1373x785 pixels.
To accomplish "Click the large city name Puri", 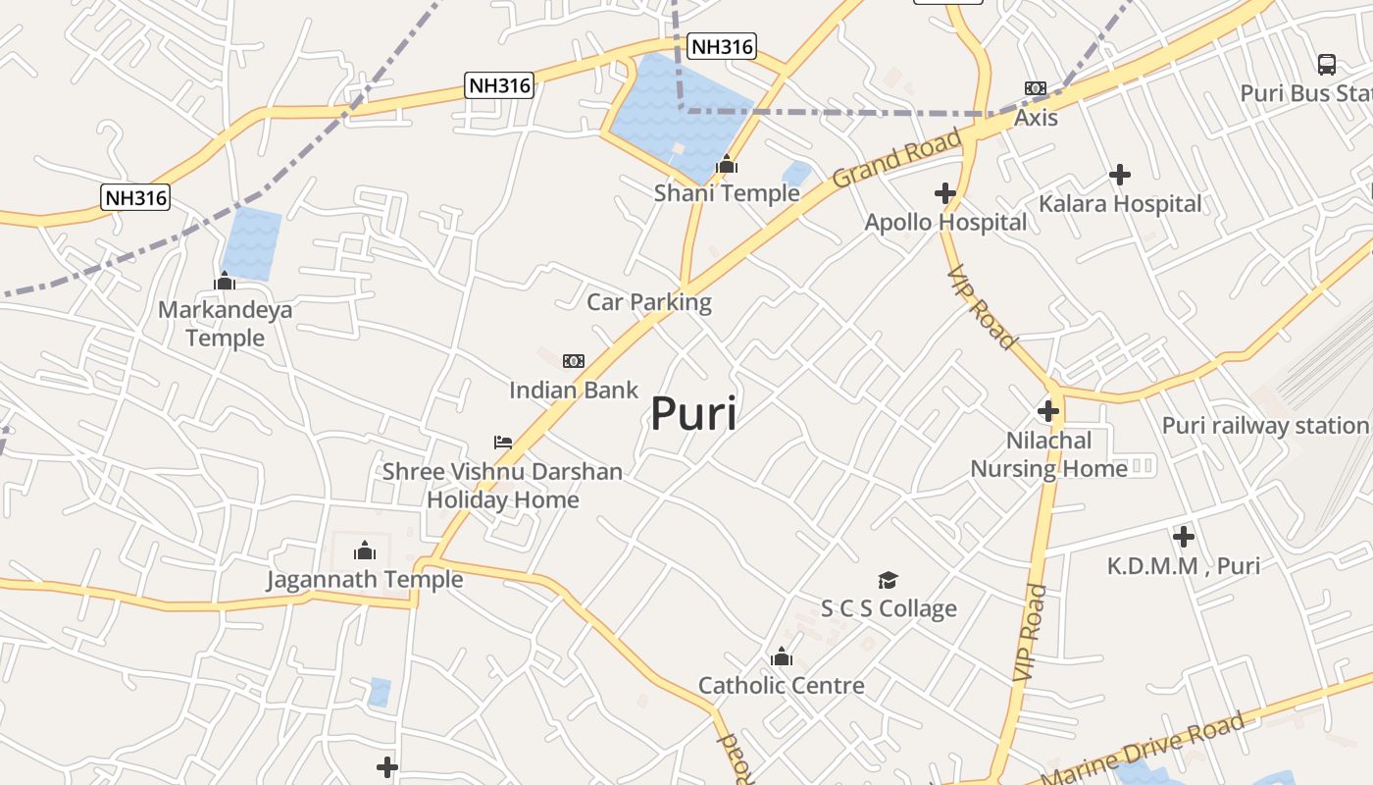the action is click(693, 413).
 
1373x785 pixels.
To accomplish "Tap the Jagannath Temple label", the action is click(365, 579).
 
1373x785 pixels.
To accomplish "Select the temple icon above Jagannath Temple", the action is click(365, 550).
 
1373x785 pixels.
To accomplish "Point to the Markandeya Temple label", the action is click(225, 324).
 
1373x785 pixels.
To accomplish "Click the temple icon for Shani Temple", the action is click(727, 165).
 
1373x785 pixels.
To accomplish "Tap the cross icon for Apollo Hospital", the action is click(945, 193).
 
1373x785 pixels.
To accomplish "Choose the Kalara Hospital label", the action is click(1120, 204).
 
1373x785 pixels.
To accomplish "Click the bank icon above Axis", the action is click(1036, 88).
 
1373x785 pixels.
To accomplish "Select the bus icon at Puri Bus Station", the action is click(1327, 65).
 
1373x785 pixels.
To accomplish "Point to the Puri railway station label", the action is click(1264, 426).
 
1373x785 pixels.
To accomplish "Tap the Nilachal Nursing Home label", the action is click(1048, 454).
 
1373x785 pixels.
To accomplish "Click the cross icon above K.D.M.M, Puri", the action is click(1184, 537).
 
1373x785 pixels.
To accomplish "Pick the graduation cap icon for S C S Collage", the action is click(888, 580).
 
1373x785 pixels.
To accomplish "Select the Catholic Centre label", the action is click(782, 685).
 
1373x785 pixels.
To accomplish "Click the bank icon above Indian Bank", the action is click(574, 361).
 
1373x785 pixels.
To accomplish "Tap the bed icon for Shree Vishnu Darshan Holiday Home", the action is click(503, 443).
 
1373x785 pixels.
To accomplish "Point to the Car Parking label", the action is click(649, 302).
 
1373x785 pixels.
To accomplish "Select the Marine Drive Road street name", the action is click(1144, 750).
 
